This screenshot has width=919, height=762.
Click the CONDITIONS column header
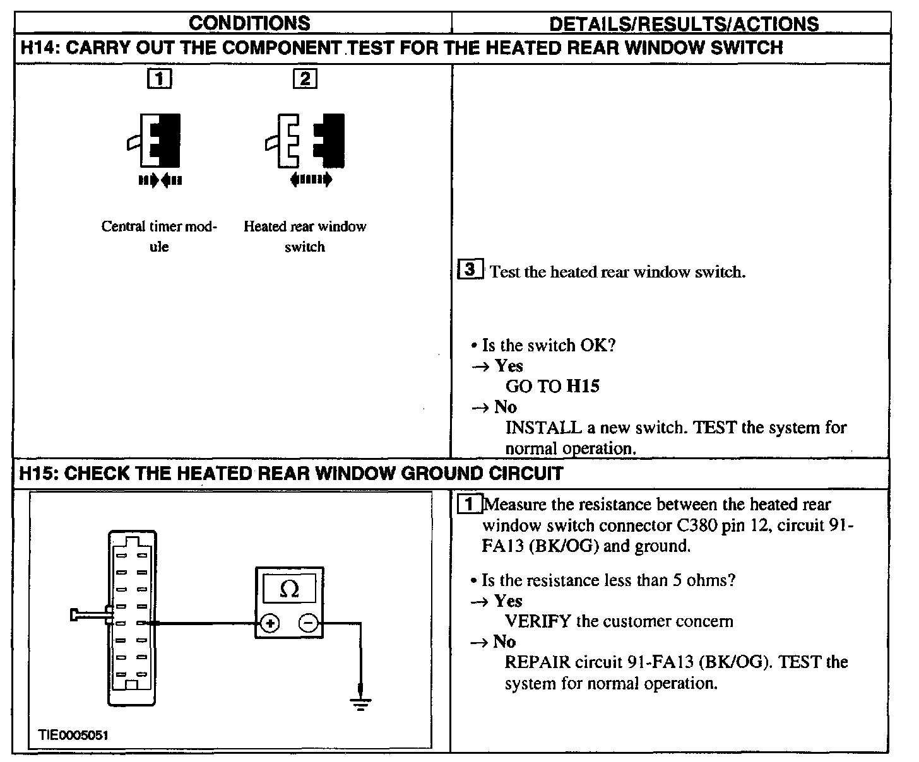[x=249, y=23]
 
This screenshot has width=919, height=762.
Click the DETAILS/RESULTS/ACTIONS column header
[x=684, y=24]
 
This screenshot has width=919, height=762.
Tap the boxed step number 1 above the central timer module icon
[x=159, y=79]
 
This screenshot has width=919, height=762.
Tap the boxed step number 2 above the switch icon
[x=305, y=79]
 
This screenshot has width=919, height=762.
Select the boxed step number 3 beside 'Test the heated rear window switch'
[x=470, y=270]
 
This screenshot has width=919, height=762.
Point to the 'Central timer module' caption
[x=159, y=236]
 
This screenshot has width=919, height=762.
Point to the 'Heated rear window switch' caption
[x=305, y=236]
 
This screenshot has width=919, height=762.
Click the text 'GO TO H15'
[x=552, y=386]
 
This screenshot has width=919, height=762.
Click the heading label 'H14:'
[x=39, y=48]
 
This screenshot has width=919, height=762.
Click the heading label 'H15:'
[x=39, y=473]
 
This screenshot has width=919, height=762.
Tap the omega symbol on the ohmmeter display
[x=288, y=589]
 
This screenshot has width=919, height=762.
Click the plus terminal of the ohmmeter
[x=270, y=624]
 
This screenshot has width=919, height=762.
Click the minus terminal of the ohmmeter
[x=308, y=624]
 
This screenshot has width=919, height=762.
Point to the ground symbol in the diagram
[x=360, y=701]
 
